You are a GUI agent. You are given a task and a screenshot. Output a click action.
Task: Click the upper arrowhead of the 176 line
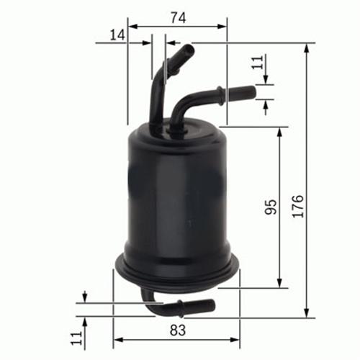pos(307,47)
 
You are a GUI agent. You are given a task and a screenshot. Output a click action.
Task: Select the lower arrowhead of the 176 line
pos(307,313)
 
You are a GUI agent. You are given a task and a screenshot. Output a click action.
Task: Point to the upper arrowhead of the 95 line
pos(279,131)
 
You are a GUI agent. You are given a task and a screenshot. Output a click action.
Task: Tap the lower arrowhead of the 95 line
pos(279,283)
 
